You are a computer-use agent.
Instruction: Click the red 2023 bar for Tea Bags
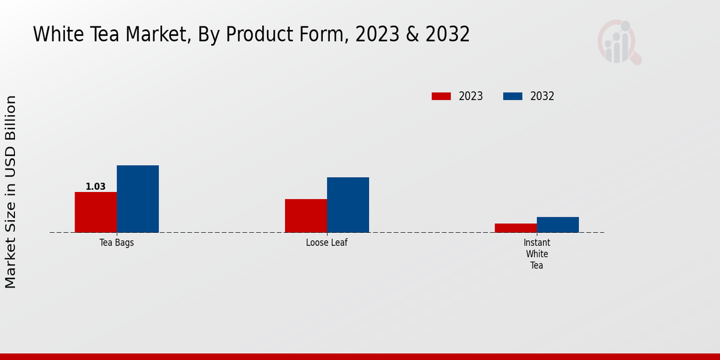[x=95, y=212]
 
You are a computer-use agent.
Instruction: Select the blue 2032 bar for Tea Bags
[x=137, y=199]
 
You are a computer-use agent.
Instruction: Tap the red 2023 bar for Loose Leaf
[x=306, y=215]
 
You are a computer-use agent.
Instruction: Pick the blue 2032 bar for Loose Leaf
[x=348, y=205]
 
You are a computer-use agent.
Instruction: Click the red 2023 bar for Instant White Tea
[x=515, y=228]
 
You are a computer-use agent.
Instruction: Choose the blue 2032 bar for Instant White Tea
[x=557, y=224]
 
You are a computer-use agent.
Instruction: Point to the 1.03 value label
[x=95, y=187]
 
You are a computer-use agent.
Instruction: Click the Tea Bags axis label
[x=116, y=243]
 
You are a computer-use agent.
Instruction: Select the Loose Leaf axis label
[x=326, y=243]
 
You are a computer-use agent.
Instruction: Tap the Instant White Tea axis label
[x=536, y=254]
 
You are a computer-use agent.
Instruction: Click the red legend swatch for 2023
[x=441, y=96]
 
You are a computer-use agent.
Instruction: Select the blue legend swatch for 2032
[x=512, y=96]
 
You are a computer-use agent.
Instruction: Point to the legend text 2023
[x=471, y=96]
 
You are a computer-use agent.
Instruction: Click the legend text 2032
[x=542, y=96]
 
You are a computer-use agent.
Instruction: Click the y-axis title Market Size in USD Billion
[x=11, y=192]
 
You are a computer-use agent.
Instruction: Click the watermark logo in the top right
[x=619, y=41]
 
